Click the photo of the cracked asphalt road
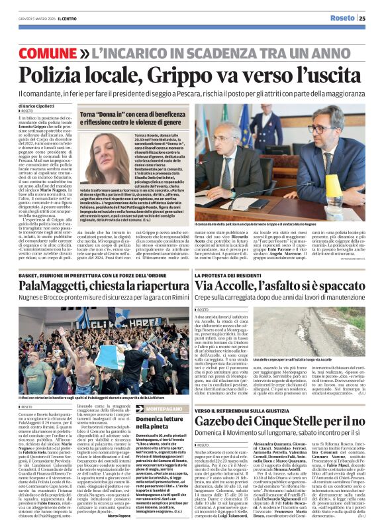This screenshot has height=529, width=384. tap(336, 333)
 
